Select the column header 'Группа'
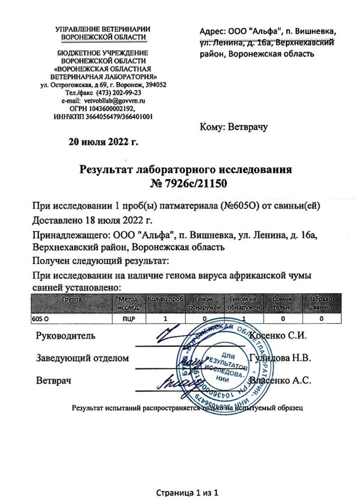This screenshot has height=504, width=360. (x=72, y=300)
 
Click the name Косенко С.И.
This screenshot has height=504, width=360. (x=278, y=335)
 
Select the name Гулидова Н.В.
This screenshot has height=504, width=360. (x=280, y=358)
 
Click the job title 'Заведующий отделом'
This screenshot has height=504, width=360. (x=82, y=358)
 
